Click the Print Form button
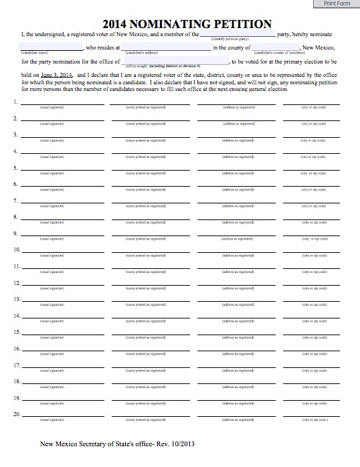point(337,4)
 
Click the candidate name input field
point(52,48)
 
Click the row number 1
point(15,102)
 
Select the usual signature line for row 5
point(62,168)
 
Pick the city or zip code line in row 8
point(312,217)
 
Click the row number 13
point(15,300)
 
